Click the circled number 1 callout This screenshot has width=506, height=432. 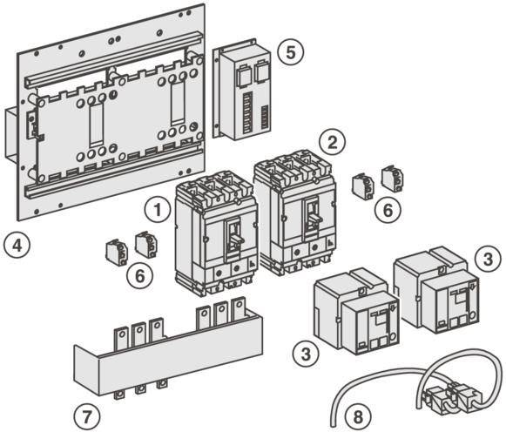click(158, 210)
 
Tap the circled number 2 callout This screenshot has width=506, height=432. click(332, 143)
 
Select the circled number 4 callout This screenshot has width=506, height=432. click(17, 246)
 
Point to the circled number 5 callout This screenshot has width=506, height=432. click(291, 52)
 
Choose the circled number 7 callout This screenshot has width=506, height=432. click(87, 416)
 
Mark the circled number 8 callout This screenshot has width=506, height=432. click(358, 416)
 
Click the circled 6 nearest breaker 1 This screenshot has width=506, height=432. click(139, 276)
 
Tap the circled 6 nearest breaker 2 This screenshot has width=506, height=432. click(388, 209)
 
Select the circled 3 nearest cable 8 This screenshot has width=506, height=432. click(306, 354)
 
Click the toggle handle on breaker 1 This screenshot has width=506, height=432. click(235, 238)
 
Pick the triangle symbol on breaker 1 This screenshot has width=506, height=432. click(252, 264)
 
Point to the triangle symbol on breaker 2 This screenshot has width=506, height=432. click(330, 243)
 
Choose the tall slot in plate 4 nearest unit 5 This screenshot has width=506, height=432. click(178, 104)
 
